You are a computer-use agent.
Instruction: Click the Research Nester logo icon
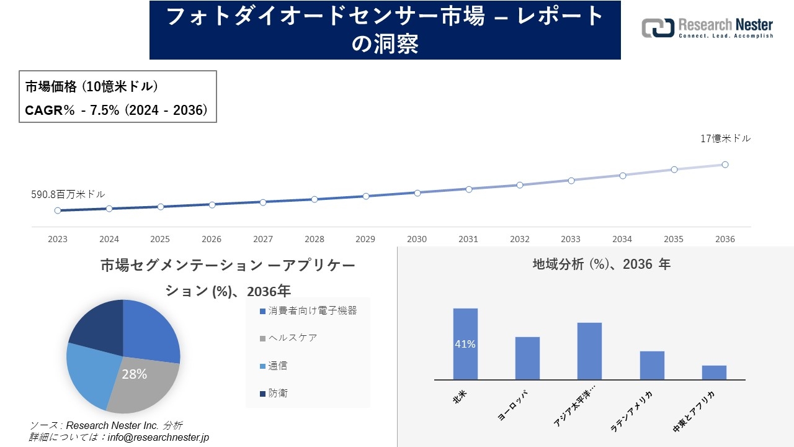click(x=658, y=28)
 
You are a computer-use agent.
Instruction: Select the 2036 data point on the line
click(x=725, y=165)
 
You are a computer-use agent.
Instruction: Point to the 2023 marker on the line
click(x=58, y=210)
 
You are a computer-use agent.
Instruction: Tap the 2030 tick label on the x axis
click(x=417, y=239)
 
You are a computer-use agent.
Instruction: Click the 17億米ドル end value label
click(x=725, y=139)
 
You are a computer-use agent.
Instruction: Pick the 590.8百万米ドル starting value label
click(x=68, y=194)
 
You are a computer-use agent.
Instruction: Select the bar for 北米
click(x=465, y=344)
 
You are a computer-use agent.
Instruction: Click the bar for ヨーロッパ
click(x=527, y=358)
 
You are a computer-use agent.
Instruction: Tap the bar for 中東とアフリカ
click(x=714, y=372)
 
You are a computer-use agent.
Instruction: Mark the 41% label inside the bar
click(x=465, y=344)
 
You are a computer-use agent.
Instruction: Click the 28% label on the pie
click(x=134, y=374)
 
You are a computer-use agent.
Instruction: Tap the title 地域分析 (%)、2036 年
click(x=601, y=264)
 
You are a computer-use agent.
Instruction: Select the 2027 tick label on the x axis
click(x=263, y=239)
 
